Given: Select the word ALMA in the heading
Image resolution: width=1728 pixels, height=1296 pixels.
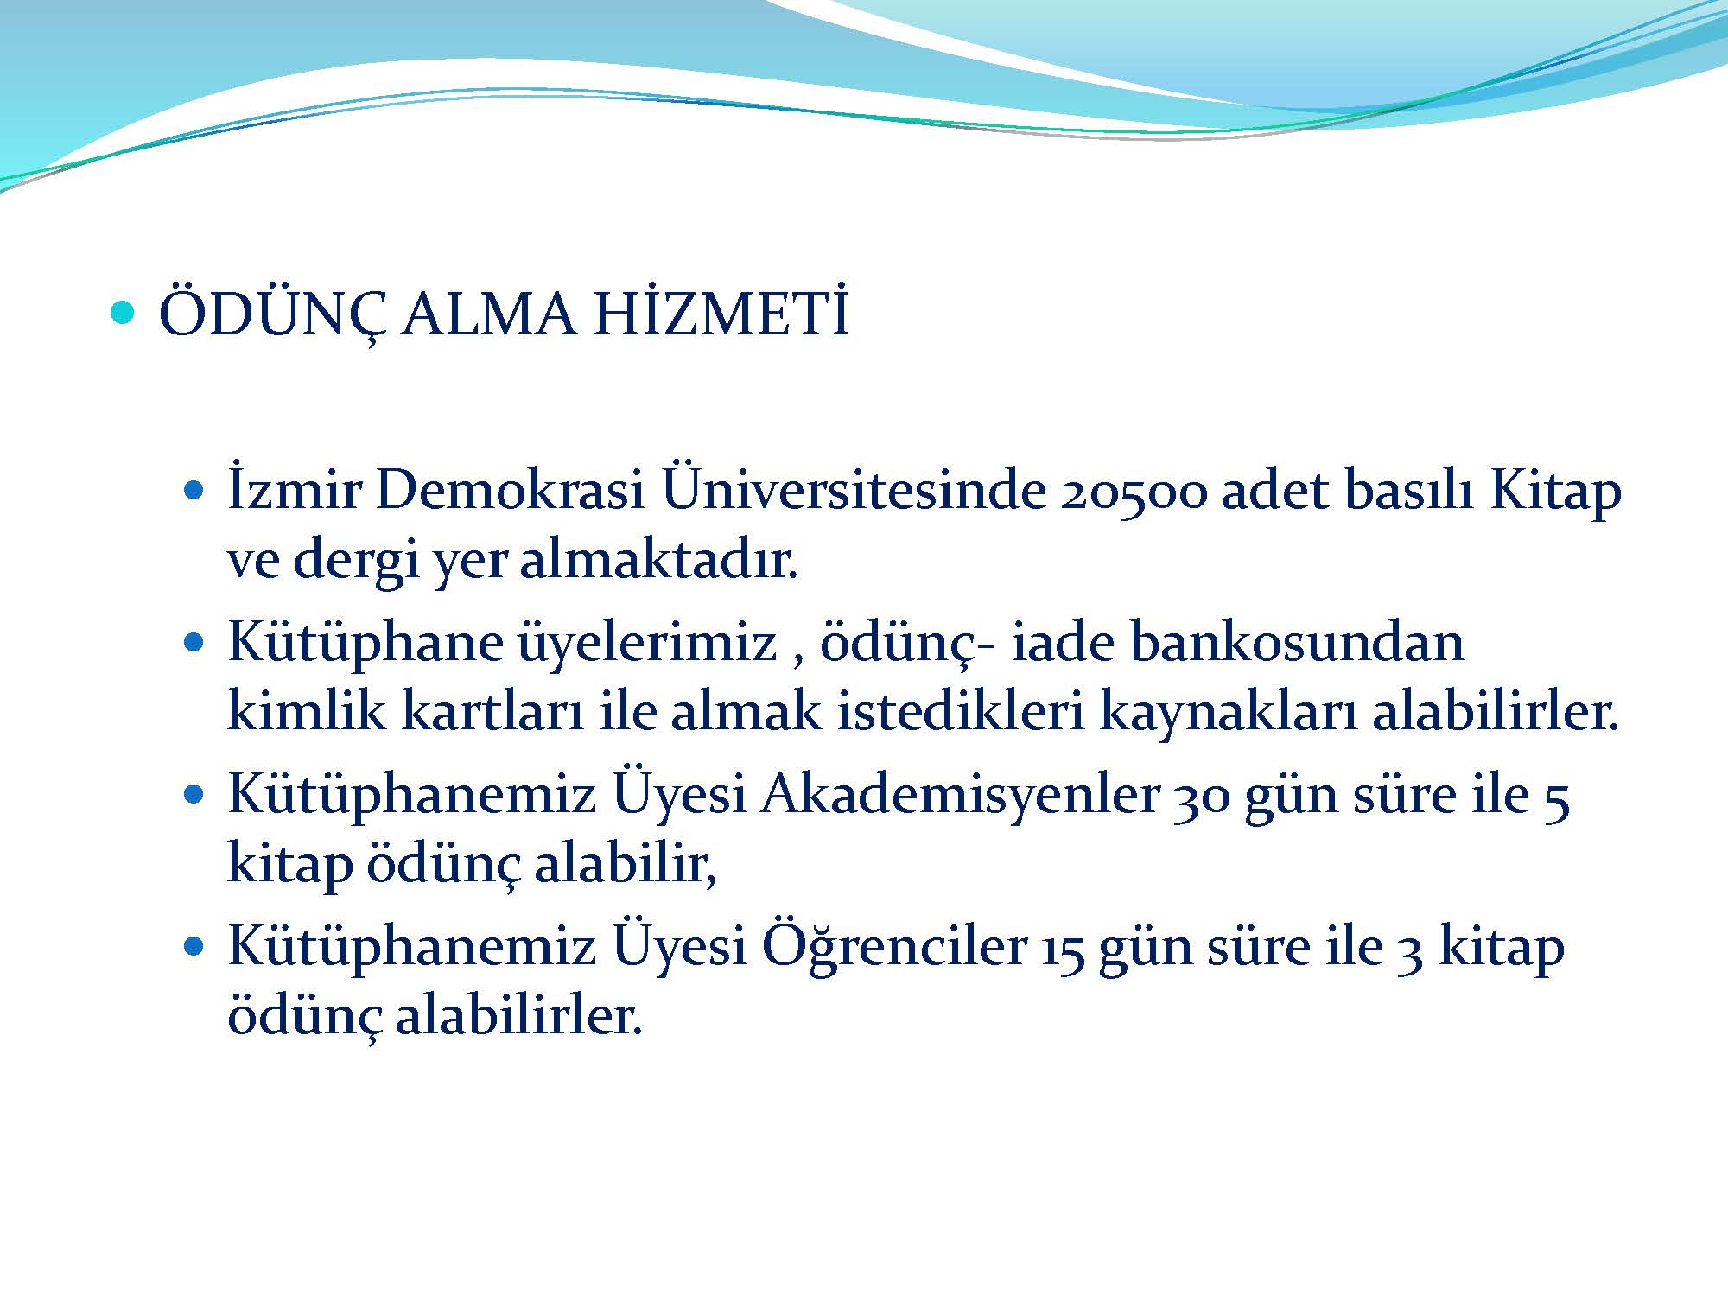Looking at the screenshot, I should coord(489,314).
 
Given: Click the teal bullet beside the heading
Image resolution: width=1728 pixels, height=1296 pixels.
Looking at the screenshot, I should coord(124,313).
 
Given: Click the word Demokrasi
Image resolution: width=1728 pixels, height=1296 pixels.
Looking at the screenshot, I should coord(511,491).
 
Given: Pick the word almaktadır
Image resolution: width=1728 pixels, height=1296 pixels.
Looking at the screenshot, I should coord(658,562).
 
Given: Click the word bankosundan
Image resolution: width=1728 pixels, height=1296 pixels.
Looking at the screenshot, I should coord(1297,644).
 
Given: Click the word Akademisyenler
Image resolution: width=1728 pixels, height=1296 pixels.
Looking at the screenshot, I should coord(960,795).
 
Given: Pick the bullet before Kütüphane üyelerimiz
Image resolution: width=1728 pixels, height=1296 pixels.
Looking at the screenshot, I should coord(194,644).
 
